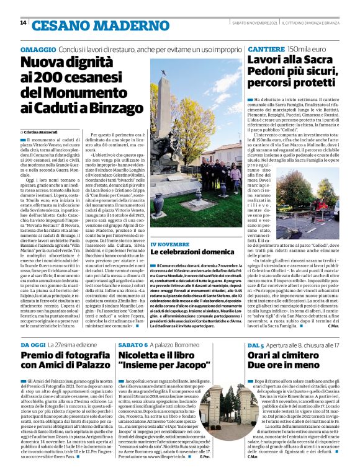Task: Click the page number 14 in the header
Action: click(x=23, y=23)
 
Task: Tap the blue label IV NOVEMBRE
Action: click(x=184, y=246)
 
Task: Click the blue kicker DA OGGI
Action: click(x=34, y=344)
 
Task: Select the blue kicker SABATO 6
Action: click(x=133, y=344)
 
